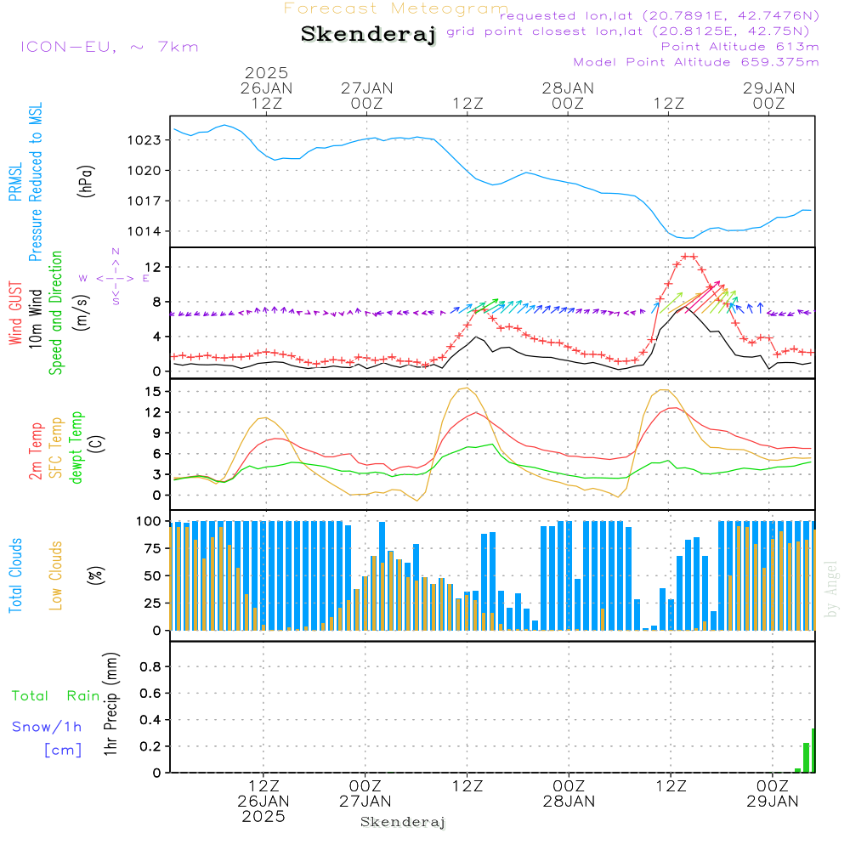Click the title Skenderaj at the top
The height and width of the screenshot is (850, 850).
tap(368, 35)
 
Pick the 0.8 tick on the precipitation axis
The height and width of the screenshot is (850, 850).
tap(150, 667)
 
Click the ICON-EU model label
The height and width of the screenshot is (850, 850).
tap(109, 47)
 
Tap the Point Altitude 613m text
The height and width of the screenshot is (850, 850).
tap(739, 47)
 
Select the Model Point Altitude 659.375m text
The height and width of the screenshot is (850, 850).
tap(696, 62)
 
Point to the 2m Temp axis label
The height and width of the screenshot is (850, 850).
tap(36, 450)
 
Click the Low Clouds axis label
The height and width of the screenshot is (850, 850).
tap(57, 575)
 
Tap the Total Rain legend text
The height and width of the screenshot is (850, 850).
tap(56, 696)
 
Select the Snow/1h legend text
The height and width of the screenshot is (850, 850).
tap(48, 727)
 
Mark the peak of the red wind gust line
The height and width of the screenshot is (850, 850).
tap(688, 256)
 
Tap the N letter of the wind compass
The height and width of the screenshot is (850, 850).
tap(116, 252)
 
